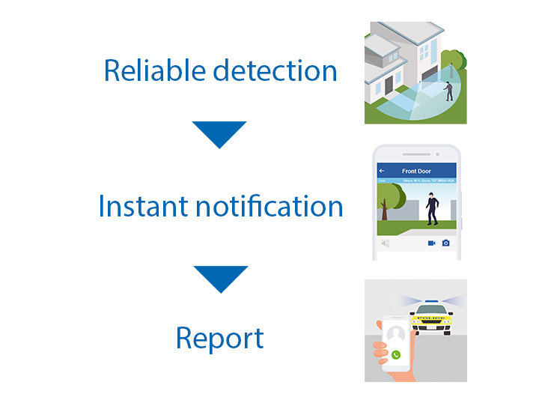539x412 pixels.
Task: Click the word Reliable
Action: click(x=154, y=70)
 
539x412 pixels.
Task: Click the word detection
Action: click(x=275, y=70)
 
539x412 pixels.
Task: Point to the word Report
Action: click(x=219, y=338)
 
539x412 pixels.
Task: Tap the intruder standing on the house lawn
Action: click(x=448, y=91)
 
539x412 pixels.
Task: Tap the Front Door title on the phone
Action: click(x=416, y=172)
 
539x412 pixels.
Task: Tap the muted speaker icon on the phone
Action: click(x=385, y=243)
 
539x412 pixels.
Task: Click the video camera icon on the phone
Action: click(x=431, y=243)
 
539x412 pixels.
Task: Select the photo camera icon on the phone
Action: click(x=445, y=243)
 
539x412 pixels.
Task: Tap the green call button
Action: click(x=395, y=354)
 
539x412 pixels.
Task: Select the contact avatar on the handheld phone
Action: click(x=396, y=333)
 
